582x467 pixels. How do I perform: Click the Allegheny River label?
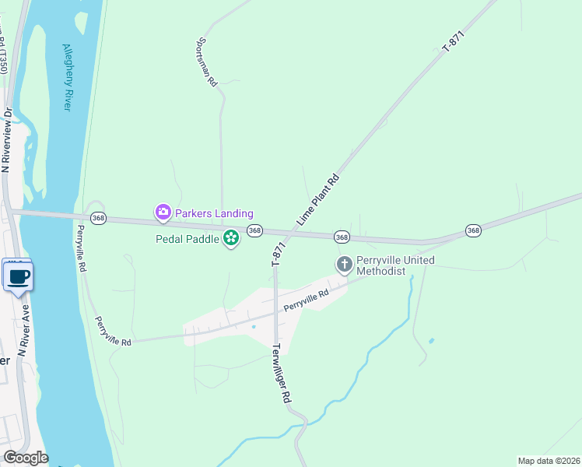coord(67,75)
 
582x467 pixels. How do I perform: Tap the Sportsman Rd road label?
coord(206,62)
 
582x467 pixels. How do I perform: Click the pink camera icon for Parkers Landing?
coord(163,212)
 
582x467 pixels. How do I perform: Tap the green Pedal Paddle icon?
coord(230,237)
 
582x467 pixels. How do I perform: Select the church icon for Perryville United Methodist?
coord(344,265)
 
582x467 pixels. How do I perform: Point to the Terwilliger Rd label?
coord(281,374)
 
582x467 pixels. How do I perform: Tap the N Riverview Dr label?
coord(8,140)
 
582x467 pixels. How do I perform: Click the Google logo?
coord(25,458)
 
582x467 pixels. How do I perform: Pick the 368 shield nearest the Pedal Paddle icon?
coord(254,230)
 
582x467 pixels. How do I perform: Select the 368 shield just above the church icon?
coord(341,236)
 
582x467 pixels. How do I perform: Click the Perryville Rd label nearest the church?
coord(307,297)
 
